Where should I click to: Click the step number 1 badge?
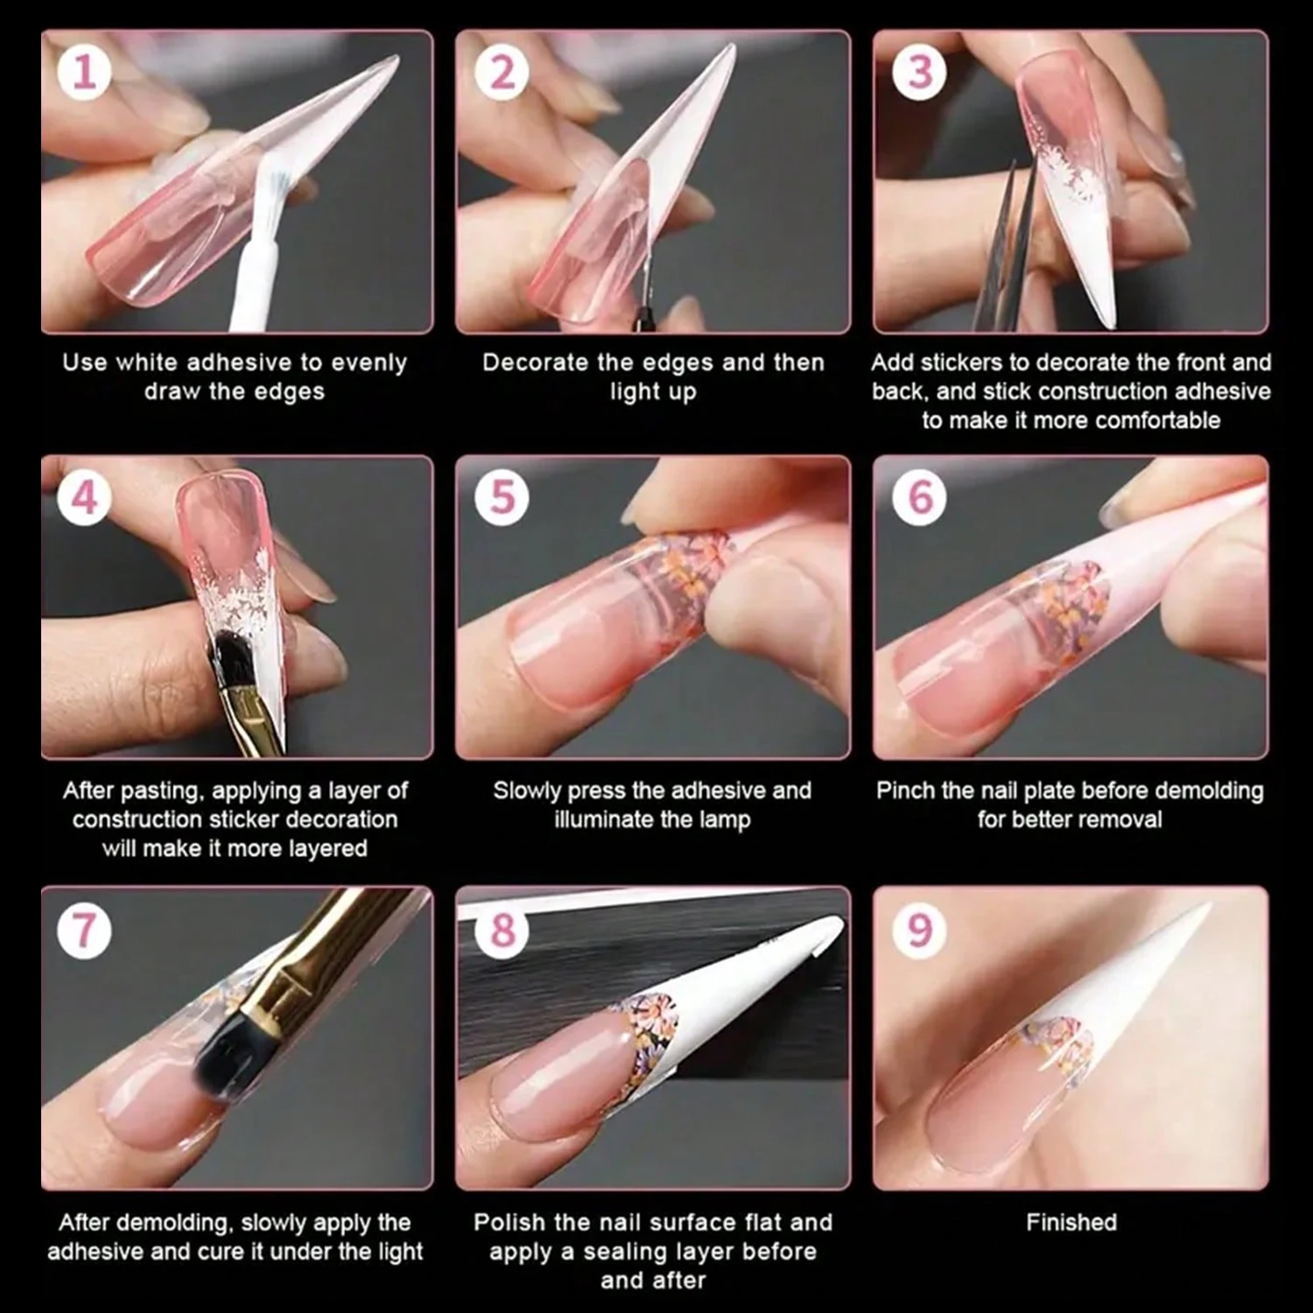85,72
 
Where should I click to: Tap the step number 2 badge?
502,72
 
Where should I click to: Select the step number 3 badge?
919,72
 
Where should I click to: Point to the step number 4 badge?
85,497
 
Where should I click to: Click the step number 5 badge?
502,497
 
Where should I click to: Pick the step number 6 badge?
919,497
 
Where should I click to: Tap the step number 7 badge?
85,930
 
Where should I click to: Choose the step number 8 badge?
502,930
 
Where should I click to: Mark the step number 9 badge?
919,930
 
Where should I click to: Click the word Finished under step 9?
1071,1222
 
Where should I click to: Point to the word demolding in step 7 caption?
180,1224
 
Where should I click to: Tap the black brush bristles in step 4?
231,665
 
